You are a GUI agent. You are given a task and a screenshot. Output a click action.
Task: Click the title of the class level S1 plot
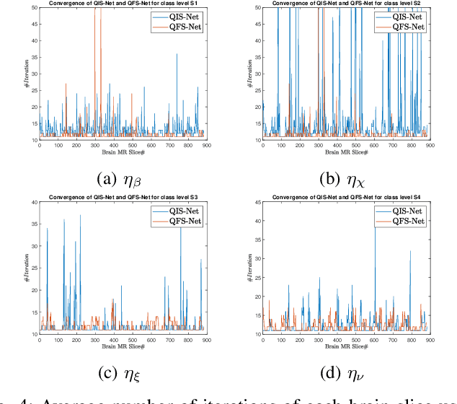120,3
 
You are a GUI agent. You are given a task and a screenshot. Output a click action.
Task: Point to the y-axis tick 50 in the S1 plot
33,7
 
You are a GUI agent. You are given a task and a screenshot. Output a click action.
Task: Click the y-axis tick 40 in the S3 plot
33,202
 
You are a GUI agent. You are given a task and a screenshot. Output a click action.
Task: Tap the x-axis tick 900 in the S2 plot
430,146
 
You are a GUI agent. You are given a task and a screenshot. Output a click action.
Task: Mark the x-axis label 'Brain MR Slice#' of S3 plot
121,346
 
